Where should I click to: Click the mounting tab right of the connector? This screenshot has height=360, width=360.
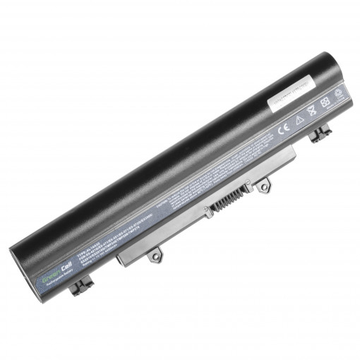pyautogui.click(x=263, y=185)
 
